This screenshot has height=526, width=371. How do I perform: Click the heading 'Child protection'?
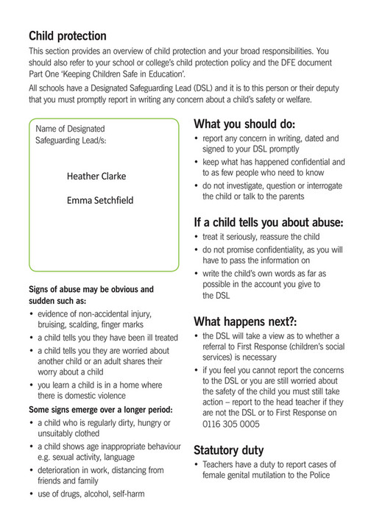pyautogui.click(x=67, y=36)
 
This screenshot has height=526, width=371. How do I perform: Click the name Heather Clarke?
pyautogui.click(x=96, y=176)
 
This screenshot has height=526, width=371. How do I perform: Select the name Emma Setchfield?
pyautogui.click(x=100, y=199)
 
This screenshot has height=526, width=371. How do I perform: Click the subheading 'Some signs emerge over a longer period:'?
pyautogui.click(x=100, y=409)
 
